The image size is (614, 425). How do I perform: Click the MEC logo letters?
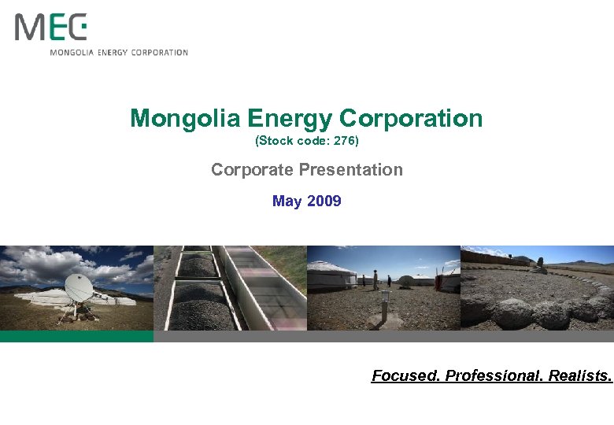50,28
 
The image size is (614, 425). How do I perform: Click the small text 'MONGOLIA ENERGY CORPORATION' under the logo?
119,53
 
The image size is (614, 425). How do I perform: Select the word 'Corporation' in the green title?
411,119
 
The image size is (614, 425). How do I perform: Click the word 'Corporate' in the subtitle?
250,170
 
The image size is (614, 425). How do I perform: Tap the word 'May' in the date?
287,201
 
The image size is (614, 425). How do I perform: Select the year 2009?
324,201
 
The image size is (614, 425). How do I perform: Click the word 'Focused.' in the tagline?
405,376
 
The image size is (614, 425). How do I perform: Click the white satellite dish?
79,288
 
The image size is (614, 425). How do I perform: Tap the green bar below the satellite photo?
76,336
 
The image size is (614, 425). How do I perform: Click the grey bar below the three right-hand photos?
383,336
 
